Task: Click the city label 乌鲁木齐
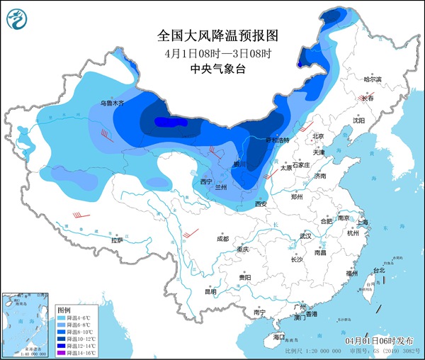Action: pos(111,103)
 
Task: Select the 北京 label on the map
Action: pos(317,136)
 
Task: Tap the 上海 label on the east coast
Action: pos(363,221)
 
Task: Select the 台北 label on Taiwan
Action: pos(378,270)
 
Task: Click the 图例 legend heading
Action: pos(64,310)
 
